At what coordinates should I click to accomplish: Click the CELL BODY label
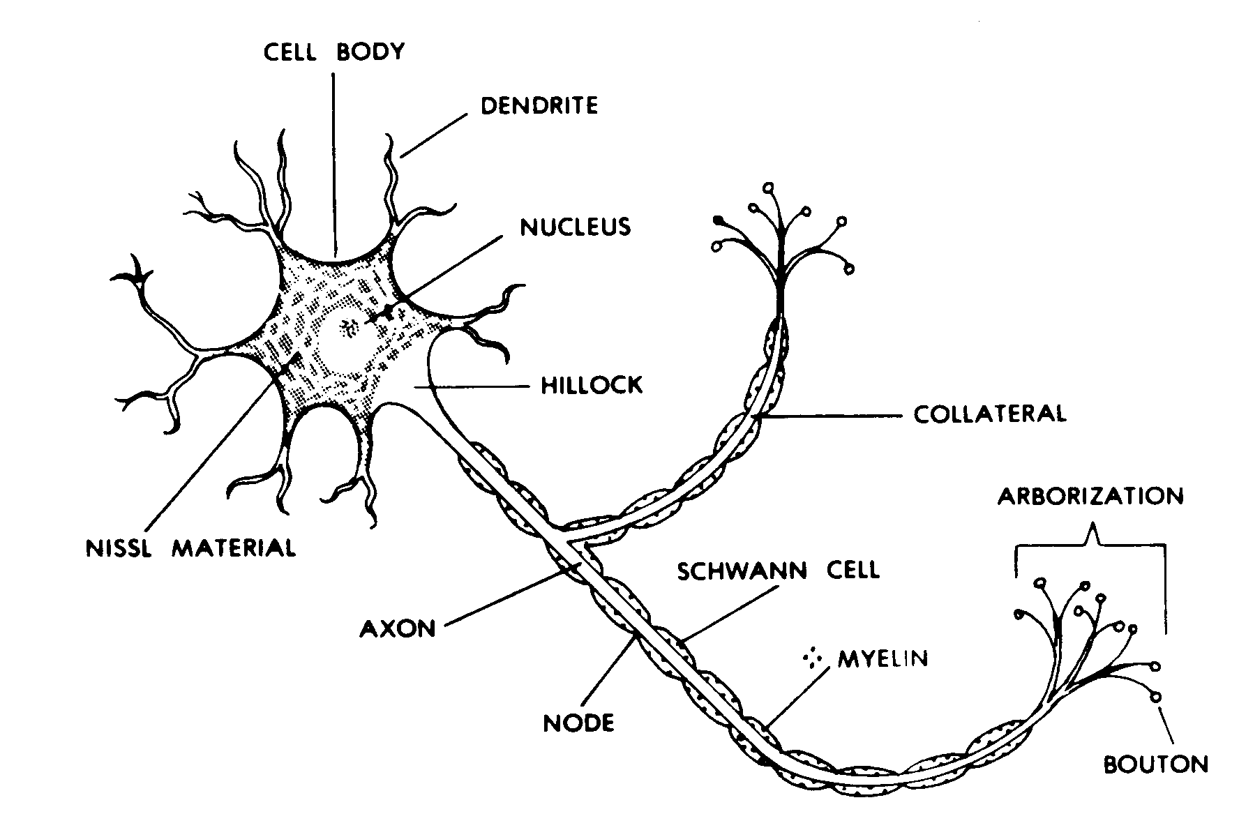pos(333,53)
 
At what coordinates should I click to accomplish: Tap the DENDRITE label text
pos(540,106)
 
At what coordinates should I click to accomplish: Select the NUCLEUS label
pos(576,227)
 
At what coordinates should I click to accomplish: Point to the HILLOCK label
pos(592,385)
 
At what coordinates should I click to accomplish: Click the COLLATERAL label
pos(990,414)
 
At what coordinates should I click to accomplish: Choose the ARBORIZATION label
pos(1090,496)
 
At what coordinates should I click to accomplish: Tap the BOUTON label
pos(1155,764)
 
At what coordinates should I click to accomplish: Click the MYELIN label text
pos(883,658)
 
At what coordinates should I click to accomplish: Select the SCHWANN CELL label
pos(779,571)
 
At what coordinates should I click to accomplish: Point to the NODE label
pos(578,723)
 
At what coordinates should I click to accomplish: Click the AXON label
pos(398,629)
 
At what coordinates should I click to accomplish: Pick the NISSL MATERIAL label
pos(190,548)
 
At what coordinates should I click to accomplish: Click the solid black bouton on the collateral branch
pos(718,221)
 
